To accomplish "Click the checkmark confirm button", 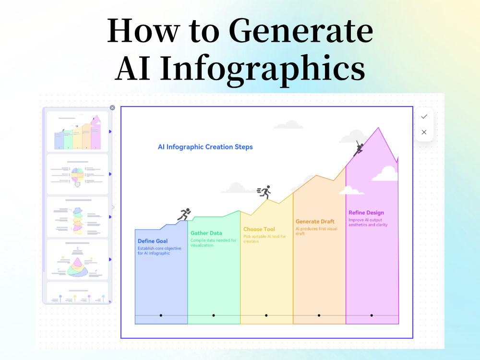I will point(424,117).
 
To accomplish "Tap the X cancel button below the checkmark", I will point(424,132).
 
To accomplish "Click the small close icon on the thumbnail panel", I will point(112,108).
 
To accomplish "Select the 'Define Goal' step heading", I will point(153,241).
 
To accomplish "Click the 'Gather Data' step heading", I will point(206,233).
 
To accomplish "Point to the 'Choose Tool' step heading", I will point(259,229).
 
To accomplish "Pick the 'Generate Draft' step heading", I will point(314,222).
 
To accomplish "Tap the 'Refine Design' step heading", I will point(366,213).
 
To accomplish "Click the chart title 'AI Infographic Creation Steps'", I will point(205,147).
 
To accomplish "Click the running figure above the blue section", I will point(184,215).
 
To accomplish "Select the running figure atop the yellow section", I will point(264,192).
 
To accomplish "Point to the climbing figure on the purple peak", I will point(358,148).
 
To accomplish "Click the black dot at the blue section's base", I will point(161,315).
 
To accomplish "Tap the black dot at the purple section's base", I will point(372,315).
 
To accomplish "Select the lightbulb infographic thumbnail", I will point(77,174).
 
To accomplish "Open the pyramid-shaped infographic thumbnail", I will point(77,260).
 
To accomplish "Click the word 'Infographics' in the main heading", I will point(263,68).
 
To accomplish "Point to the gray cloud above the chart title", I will point(288,125).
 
